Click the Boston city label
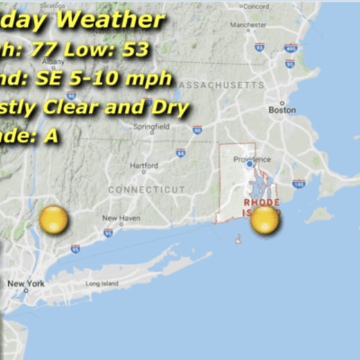[282, 110]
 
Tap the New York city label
[25, 284]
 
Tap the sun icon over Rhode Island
[265, 219]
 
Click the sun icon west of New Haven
[53, 220]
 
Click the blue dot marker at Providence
[249, 165]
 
